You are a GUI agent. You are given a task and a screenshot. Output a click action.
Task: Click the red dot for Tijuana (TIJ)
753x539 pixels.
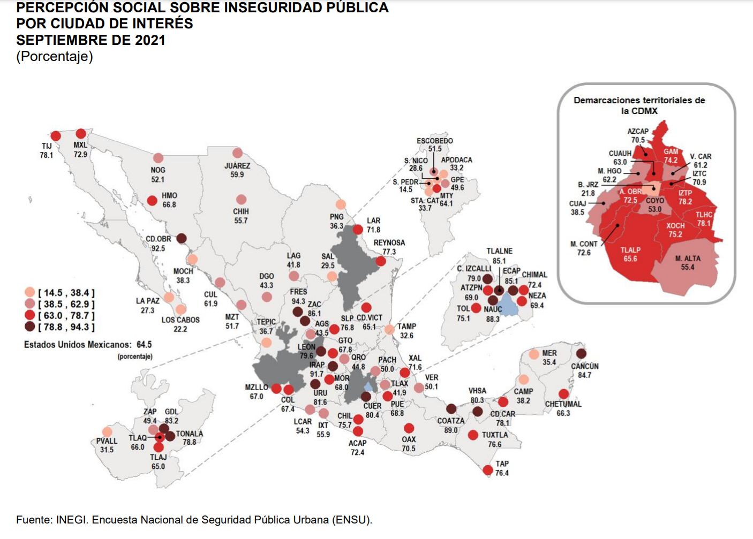click(56, 136)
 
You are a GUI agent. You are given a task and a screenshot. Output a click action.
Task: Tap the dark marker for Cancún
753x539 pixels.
click(581, 353)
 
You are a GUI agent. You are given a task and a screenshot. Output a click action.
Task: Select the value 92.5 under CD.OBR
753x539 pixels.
click(158, 248)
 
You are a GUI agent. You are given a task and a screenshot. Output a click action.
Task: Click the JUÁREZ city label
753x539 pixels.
click(237, 166)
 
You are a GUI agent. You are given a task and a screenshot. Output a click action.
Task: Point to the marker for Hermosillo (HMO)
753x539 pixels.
click(152, 201)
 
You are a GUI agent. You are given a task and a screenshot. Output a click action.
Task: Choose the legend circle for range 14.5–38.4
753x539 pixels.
click(30, 292)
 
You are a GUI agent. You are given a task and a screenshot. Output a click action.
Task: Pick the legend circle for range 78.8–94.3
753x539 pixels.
click(30, 327)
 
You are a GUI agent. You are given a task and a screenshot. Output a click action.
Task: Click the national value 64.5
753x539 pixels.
click(144, 345)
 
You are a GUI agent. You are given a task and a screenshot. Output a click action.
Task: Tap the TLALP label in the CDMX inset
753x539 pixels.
click(630, 250)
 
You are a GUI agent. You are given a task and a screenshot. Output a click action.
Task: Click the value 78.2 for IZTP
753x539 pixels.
click(685, 202)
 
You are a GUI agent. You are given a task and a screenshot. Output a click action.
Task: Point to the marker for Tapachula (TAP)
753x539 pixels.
click(488, 470)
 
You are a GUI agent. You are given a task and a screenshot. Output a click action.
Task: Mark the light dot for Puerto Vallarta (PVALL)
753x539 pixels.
click(107, 432)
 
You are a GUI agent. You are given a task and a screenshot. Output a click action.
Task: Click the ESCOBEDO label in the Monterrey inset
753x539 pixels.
click(435, 141)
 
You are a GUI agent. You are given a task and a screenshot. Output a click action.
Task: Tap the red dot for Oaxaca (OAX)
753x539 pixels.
click(409, 428)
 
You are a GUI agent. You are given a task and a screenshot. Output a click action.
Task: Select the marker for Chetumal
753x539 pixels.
click(563, 394)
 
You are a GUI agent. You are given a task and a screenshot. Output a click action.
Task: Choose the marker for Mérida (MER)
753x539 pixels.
click(534, 354)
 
